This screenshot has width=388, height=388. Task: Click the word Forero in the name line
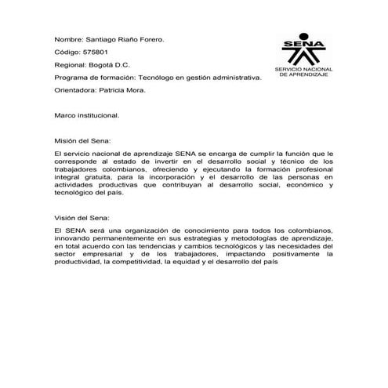point(150,38)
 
